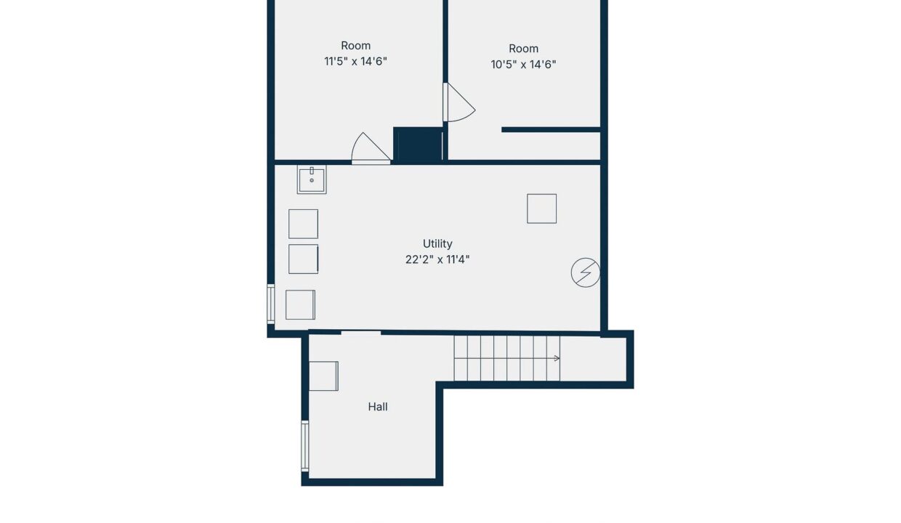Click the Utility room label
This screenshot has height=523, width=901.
click(437, 244)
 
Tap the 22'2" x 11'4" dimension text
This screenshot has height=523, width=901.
click(437, 260)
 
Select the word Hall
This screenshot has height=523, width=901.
click(378, 407)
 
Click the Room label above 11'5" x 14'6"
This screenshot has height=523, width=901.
click(355, 46)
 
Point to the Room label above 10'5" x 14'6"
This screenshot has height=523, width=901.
click(523, 49)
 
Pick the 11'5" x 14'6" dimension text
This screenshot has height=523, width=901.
click(355, 62)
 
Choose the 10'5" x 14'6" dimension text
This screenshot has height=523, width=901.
click(523, 65)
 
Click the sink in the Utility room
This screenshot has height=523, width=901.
click(312, 179)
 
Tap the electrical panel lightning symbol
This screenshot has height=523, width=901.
click(586, 272)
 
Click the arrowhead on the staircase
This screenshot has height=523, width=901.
click(557, 358)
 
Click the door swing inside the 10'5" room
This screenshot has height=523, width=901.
click(460, 102)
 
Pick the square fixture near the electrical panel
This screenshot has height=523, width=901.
click(542, 208)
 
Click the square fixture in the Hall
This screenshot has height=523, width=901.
click(323, 376)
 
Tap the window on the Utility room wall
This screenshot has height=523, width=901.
click(271, 304)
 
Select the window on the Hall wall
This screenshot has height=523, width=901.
click(305, 446)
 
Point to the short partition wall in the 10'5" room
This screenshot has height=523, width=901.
click(551, 129)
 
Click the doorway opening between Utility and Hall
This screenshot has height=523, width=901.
click(361, 333)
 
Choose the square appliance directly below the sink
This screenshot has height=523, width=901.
click(303, 224)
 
